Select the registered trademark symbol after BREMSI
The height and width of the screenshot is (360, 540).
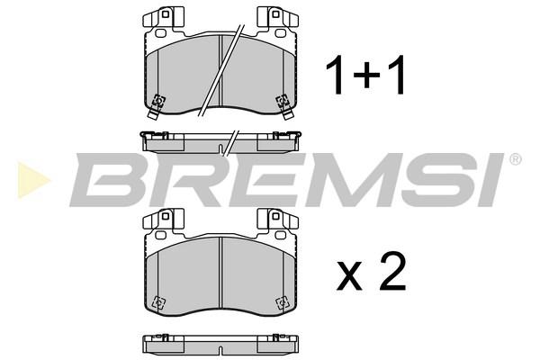click(515, 159)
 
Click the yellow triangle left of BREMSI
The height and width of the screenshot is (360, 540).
click(32, 180)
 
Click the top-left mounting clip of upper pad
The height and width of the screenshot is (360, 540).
click(163, 17)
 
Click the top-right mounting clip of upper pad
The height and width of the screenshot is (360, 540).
click(277, 17)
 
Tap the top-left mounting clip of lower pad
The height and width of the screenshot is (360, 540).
click(163, 219)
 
